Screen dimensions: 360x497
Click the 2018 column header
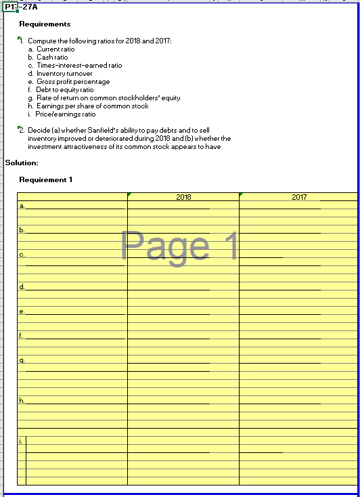183,197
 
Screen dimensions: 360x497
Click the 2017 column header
299,197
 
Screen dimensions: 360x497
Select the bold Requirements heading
45,24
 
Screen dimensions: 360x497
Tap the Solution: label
22,163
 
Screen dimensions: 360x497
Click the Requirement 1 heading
45,179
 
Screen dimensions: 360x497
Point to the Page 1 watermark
180,246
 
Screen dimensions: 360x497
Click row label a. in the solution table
22,205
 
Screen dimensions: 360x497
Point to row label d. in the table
22,287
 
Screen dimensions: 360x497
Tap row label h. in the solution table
22,401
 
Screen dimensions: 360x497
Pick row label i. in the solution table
22,441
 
